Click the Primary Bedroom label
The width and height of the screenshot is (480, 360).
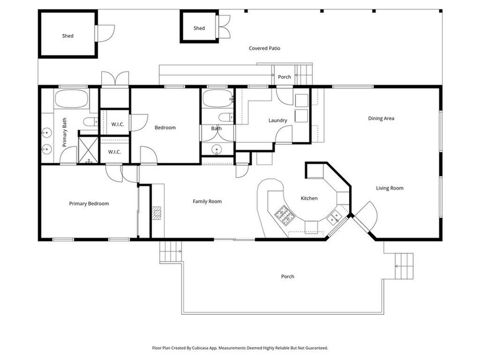pyautogui.click(x=89, y=203)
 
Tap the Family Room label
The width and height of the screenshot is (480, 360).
pyautogui.click(x=207, y=201)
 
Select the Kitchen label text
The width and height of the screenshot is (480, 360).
pyautogui.click(x=309, y=198)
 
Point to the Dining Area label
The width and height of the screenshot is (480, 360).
pyautogui.click(x=381, y=118)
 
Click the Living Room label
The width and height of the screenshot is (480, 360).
pyautogui.click(x=390, y=188)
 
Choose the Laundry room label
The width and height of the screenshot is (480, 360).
pyautogui.click(x=278, y=121)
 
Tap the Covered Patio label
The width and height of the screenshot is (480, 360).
pyautogui.click(x=265, y=49)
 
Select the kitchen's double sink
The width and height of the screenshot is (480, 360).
pyautogui.click(x=335, y=216)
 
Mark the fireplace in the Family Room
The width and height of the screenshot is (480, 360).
pyautogui.click(x=157, y=213)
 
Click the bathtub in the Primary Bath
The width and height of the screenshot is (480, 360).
pyautogui.click(x=71, y=100)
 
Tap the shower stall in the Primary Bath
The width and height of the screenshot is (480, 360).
pyautogui.click(x=88, y=150)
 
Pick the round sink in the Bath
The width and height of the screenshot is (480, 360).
pyautogui.click(x=217, y=150)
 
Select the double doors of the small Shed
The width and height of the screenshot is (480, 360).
pyautogui.click(x=223, y=26)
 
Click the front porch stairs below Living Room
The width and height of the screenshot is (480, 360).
pyautogui.click(x=404, y=264)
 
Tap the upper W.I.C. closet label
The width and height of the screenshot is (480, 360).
pyautogui.click(x=118, y=125)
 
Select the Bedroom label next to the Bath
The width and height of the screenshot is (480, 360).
pyautogui.click(x=165, y=127)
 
